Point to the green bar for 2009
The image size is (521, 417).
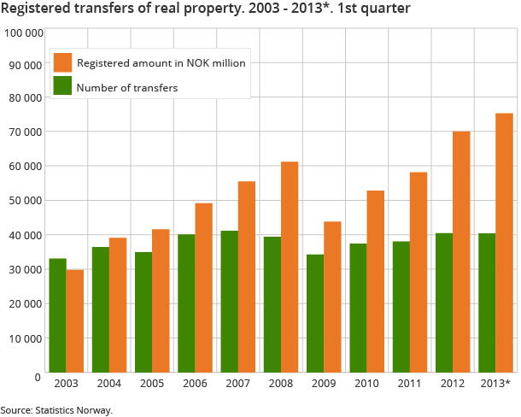pyautogui.click(x=315, y=313)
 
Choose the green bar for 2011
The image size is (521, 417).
pyautogui.click(x=401, y=306)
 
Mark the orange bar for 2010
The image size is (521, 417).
pyautogui.click(x=375, y=281)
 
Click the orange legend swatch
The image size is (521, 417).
pyautogui.click(x=62, y=62)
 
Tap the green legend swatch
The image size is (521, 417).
pyautogui.click(x=62, y=85)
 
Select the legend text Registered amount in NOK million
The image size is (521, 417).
pyautogui.click(x=161, y=63)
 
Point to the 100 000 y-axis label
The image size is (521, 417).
pyautogui.click(x=24, y=33)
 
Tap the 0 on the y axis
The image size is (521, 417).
pyautogui.click(x=38, y=376)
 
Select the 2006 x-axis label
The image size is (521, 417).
pyautogui.click(x=195, y=385)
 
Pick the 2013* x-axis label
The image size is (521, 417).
pyautogui.click(x=496, y=385)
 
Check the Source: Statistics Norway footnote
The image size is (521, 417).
pyautogui.click(x=57, y=410)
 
